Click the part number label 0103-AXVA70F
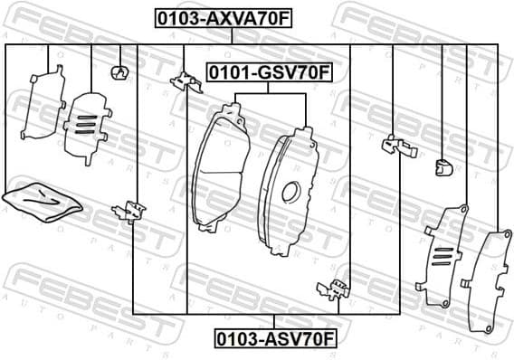click(213, 16)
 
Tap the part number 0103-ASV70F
click(275, 338)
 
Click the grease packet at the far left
click(42, 201)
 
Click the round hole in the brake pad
click(290, 191)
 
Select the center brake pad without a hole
click(220, 167)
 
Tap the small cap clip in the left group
click(118, 72)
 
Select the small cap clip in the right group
click(442, 166)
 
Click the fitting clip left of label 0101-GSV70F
click(185, 82)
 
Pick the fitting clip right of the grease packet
click(128, 211)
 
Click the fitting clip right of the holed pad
click(395, 146)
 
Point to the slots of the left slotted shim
click(84, 125)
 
